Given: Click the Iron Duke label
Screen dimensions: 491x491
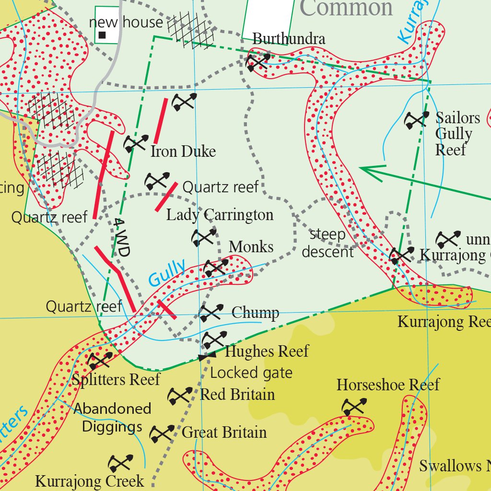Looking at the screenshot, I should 183,152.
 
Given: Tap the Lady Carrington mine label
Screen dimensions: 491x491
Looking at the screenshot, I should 220,214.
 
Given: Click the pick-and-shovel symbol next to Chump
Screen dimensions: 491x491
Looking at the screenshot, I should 211,313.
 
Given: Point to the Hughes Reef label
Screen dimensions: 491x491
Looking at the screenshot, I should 267,351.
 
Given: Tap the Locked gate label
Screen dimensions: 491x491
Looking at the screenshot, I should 251,373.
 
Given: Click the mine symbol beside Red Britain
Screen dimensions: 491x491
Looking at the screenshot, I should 180,396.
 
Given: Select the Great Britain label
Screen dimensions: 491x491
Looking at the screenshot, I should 224,433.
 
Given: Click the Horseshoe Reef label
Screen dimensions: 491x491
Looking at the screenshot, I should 388,385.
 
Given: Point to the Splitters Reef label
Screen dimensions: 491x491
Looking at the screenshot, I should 116,380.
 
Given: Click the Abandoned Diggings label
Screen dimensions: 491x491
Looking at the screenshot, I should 113,417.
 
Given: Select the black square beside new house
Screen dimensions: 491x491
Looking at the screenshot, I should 102,35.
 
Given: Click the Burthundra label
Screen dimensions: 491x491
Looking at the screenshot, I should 289,39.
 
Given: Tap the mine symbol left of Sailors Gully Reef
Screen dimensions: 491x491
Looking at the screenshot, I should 416,120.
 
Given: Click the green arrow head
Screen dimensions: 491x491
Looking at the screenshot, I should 363,169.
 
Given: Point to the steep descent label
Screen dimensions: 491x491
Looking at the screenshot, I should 328,243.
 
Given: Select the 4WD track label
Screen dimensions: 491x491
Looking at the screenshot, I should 122,238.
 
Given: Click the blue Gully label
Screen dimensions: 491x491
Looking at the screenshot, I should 166,273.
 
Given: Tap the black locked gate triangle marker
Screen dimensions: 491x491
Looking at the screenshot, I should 203,357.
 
